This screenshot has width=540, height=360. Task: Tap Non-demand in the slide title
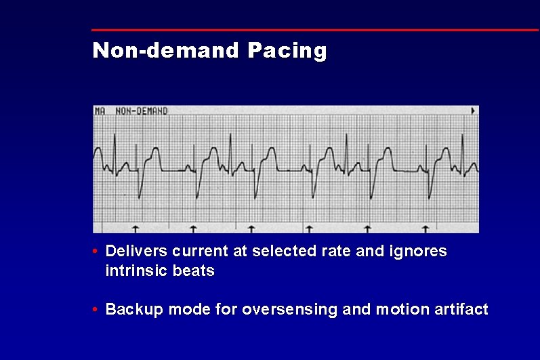tap(165, 50)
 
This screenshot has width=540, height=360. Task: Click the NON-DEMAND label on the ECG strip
tap(141, 111)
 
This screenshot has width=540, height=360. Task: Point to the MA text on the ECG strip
tap(100, 111)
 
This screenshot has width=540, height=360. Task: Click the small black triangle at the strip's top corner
tap(473, 110)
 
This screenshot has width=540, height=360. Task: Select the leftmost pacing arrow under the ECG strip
tap(134, 228)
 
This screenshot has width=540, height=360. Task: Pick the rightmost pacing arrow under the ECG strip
tap(425, 228)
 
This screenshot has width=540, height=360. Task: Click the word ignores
tap(419, 252)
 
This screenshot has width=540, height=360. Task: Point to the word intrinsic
tap(135, 271)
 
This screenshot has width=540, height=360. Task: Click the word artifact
tap(461, 310)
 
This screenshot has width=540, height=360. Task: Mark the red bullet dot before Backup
tap(96, 310)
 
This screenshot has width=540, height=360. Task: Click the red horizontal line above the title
tap(315, 30)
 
